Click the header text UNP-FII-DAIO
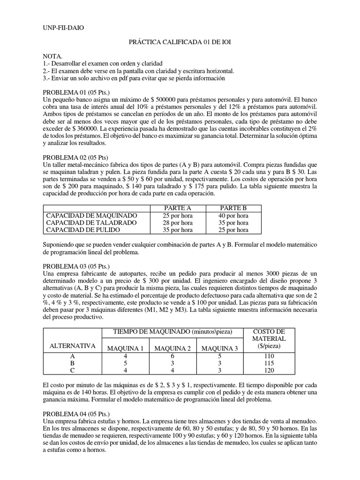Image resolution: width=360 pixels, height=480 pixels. tap(63, 28)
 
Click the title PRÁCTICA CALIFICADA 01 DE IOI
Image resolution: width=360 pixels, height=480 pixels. tap(180, 42)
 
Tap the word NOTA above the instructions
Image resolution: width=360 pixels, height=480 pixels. tap(52, 56)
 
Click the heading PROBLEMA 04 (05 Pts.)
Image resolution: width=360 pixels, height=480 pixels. tap(75, 414)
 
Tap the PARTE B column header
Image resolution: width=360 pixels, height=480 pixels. tap(233, 208)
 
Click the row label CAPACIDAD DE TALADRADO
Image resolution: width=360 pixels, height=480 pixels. tap(91, 223)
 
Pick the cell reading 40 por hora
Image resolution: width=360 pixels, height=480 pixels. tap(233, 216)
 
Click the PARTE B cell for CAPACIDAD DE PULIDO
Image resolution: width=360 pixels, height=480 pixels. tap(233, 230)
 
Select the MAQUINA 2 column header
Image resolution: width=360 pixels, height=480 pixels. tap(172, 348)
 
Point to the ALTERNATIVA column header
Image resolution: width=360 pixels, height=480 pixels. tap(72, 346)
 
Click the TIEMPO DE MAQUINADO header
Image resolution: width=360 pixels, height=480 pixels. tap(172, 332)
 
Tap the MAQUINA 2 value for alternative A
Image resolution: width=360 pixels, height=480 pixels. tap(172, 356)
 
